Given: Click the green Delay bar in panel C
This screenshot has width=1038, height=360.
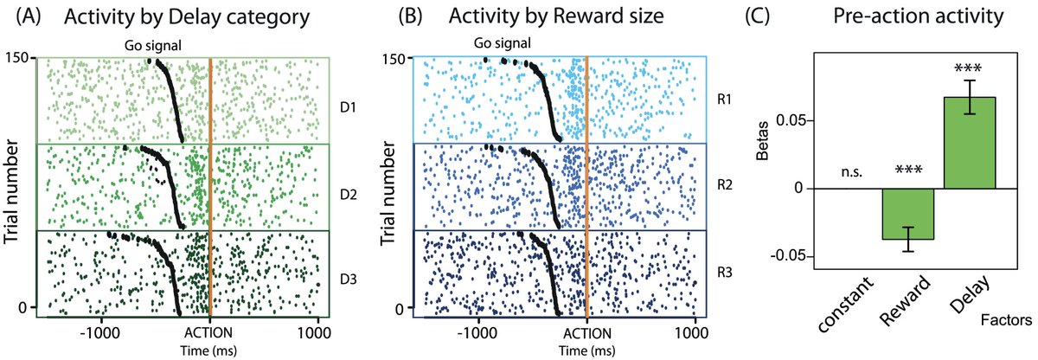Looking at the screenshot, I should (x=970, y=142).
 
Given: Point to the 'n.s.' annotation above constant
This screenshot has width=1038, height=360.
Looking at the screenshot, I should (x=848, y=173).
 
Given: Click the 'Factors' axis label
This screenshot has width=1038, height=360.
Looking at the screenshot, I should (x=1006, y=320).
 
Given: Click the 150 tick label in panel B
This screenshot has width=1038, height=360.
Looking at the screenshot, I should (x=395, y=58).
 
